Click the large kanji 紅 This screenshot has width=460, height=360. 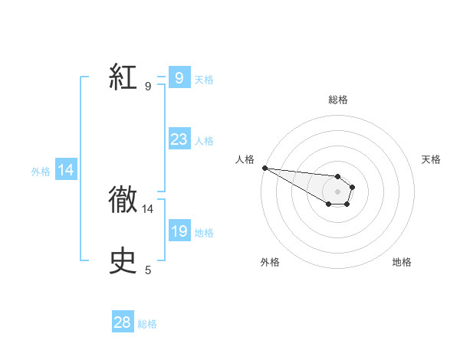click(x=123, y=77)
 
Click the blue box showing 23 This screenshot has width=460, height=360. click(x=179, y=139)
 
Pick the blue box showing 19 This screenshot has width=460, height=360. click(x=179, y=231)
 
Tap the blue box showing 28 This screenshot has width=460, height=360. click(x=122, y=322)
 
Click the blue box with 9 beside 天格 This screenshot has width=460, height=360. click(x=179, y=78)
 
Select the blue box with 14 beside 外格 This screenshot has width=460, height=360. click(x=66, y=171)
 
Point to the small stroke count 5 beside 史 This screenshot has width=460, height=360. click(x=148, y=270)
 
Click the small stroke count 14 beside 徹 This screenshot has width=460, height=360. click(x=148, y=208)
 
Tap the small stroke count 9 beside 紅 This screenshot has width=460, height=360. click(x=148, y=86)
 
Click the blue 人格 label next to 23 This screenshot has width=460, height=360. click(x=204, y=141)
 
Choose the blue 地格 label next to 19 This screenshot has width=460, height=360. click(x=204, y=233)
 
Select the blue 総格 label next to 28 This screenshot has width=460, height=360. click(x=147, y=324)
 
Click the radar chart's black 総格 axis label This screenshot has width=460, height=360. click(x=338, y=100)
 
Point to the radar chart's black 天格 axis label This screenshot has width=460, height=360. click(x=431, y=159)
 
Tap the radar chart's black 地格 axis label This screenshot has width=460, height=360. click(x=402, y=262)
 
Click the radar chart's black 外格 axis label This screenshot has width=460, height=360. click(x=270, y=262)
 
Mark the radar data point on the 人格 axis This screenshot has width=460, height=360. click(x=264, y=168)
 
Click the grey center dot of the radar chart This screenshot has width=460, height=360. click(x=337, y=191)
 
